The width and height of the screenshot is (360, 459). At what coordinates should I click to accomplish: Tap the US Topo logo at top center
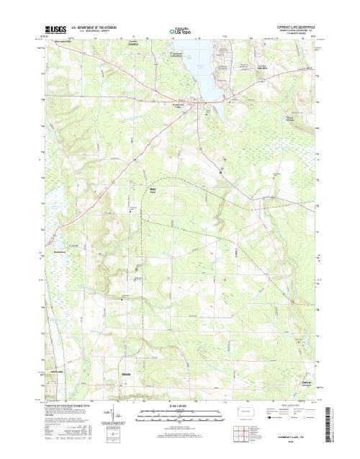(181, 32)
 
